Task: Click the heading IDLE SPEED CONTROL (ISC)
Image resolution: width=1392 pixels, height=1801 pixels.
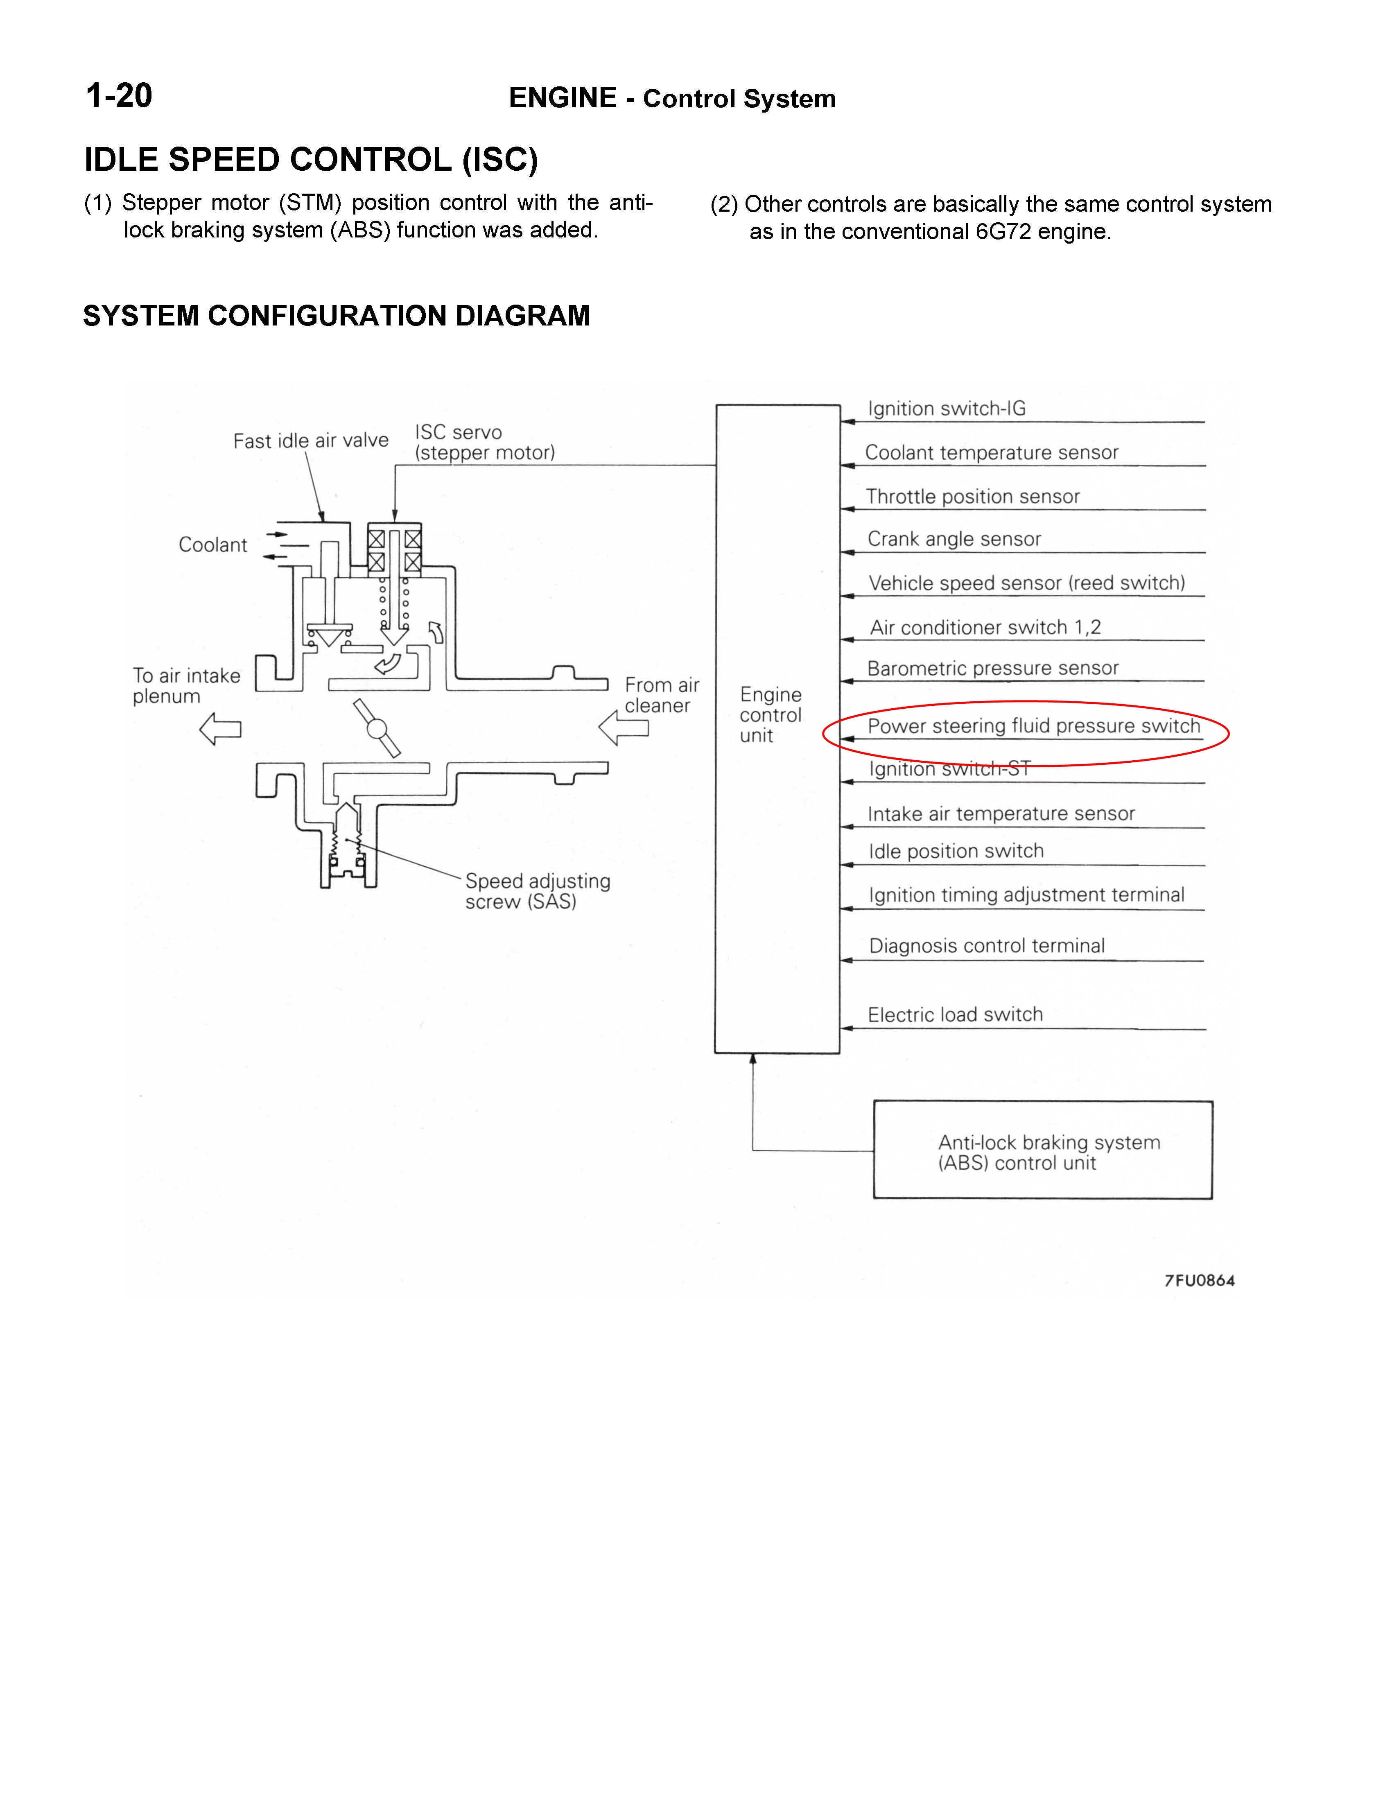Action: tap(311, 159)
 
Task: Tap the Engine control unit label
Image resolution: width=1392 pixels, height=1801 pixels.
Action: tap(770, 715)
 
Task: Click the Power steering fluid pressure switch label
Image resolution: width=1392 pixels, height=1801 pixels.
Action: tap(1033, 725)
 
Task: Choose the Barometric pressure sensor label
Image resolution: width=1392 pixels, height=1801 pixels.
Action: tap(993, 668)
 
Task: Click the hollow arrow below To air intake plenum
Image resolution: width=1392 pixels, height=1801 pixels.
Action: tap(220, 729)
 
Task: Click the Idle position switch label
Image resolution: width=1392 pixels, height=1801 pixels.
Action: tap(956, 851)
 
